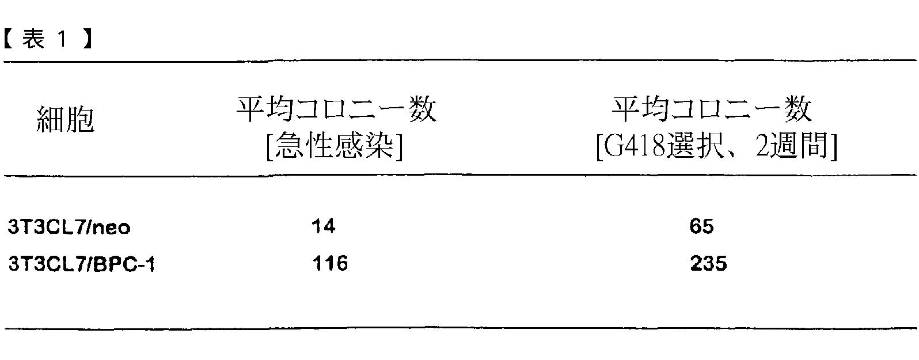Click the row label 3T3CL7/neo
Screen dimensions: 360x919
pos(69,228)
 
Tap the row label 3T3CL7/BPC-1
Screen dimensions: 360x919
pos(81,264)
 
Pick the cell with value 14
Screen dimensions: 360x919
pos(323,226)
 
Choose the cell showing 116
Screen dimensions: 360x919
pos(330,264)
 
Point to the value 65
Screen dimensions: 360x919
pos(701,226)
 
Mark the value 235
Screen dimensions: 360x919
pos(708,264)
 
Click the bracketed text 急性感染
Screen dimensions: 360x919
pos(335,147)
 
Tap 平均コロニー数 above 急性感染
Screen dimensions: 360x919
pos(336,109)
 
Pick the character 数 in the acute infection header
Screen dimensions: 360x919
pos(423,109)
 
